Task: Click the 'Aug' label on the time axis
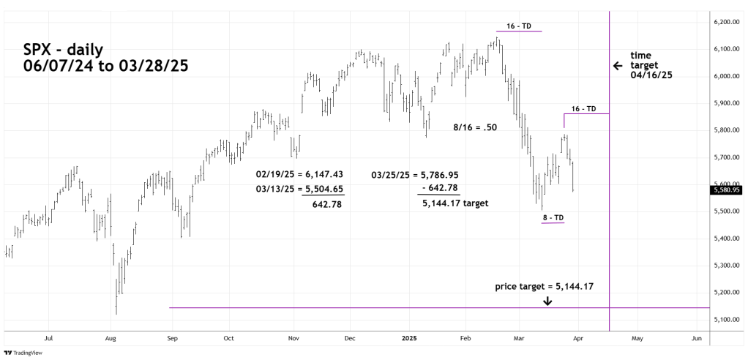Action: [x=111, y=340]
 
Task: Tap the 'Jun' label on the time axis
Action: [x=697, y=340]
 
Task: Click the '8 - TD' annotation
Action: [x=553, y=217]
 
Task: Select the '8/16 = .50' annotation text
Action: [x=475, y=127]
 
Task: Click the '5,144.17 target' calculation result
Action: [x=455, y=203]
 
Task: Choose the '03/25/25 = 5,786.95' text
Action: [x=416, y=174]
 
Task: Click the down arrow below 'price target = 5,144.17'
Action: [x=547, y=301]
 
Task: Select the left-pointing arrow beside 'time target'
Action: [x=618, y=66]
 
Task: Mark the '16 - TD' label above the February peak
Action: [x=518, y=26]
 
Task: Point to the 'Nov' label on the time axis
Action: [x=293, y=340]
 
